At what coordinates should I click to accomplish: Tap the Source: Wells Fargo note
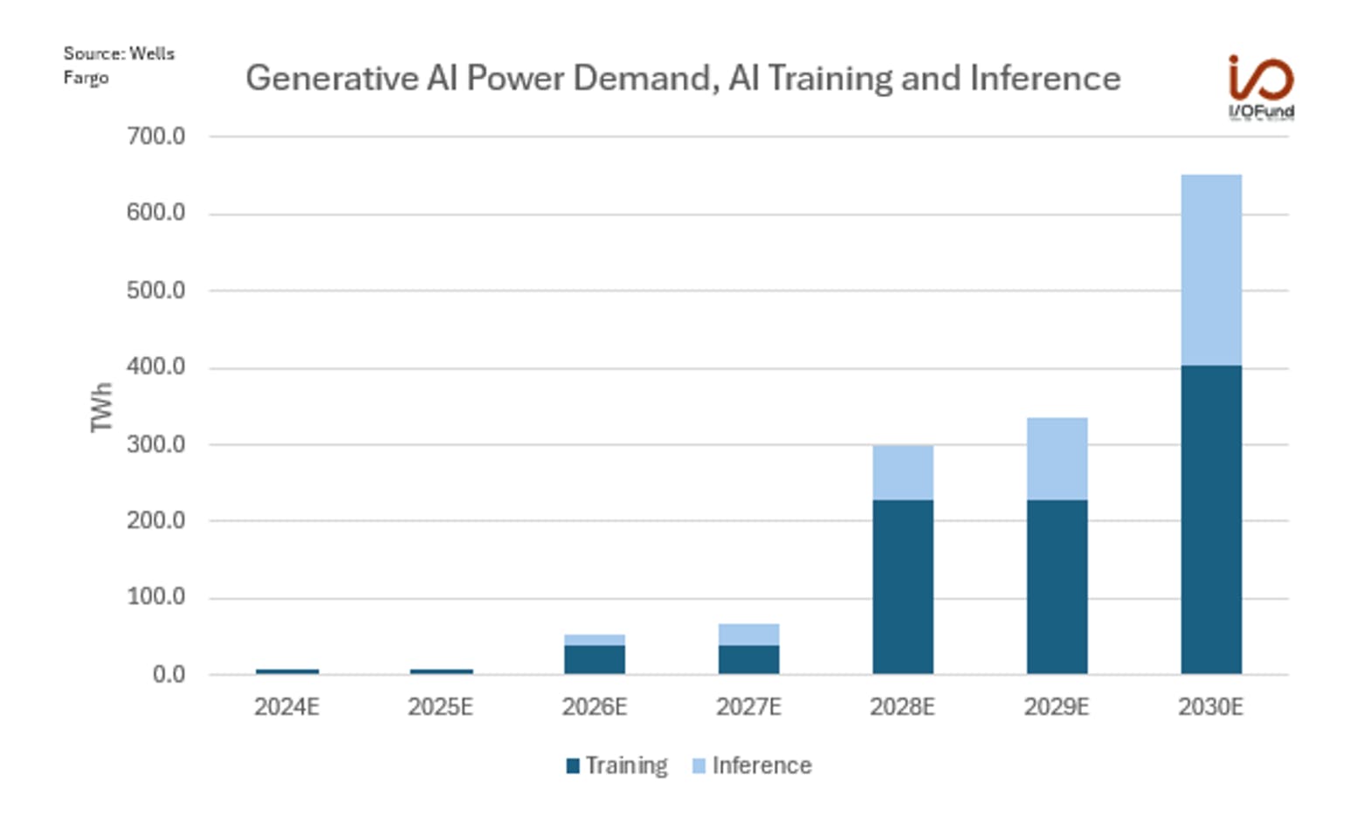point(119,65)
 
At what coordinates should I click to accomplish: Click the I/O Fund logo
point(1261,87)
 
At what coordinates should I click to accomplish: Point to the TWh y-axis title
point(101,408)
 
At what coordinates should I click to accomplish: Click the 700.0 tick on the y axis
point(156,136)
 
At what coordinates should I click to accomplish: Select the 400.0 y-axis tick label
point(156,367)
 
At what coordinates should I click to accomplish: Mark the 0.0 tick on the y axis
point(169,674)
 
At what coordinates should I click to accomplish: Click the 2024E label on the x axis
point(286,707)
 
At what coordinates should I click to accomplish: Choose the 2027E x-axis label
point(748,707)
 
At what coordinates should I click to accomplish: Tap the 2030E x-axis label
point(1210,707)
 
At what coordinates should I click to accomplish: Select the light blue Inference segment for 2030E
point(1211,271)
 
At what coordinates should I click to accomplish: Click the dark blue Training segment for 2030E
point(1211,520)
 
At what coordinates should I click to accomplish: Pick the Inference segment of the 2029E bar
point(1057,459)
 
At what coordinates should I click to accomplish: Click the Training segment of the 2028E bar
point(903,587)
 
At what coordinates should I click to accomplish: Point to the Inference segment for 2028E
point(903,473)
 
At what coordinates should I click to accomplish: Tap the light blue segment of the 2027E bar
point(749,635)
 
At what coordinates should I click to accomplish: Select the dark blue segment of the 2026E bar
point(595,659)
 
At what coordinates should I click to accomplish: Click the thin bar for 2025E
point(442,671)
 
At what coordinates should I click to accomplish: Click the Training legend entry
point(617,766)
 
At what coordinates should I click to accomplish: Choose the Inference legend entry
point(752,766)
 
